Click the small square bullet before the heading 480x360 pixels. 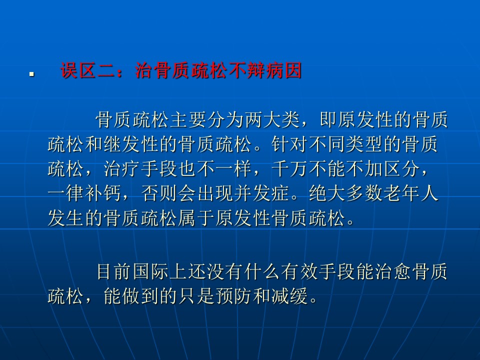click(x=31, y=74)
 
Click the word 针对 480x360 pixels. click(x=289, y=144)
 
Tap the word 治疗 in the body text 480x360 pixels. click(x=122, y=168)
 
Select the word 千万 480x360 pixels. click(x=289, y=168)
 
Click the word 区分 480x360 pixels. click(x=401, y=168)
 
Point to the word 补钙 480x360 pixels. click(x=103, y=193)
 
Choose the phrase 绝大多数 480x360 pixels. click(x=345, y=193)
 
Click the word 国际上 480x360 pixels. click(x=160, y=271)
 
